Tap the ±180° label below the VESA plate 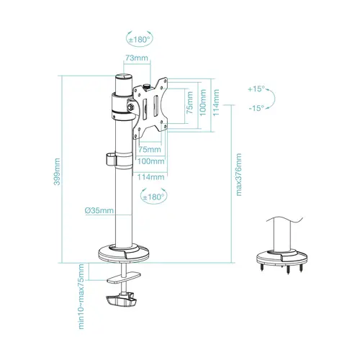coord(154,197)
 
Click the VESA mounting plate coord(155,108)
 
